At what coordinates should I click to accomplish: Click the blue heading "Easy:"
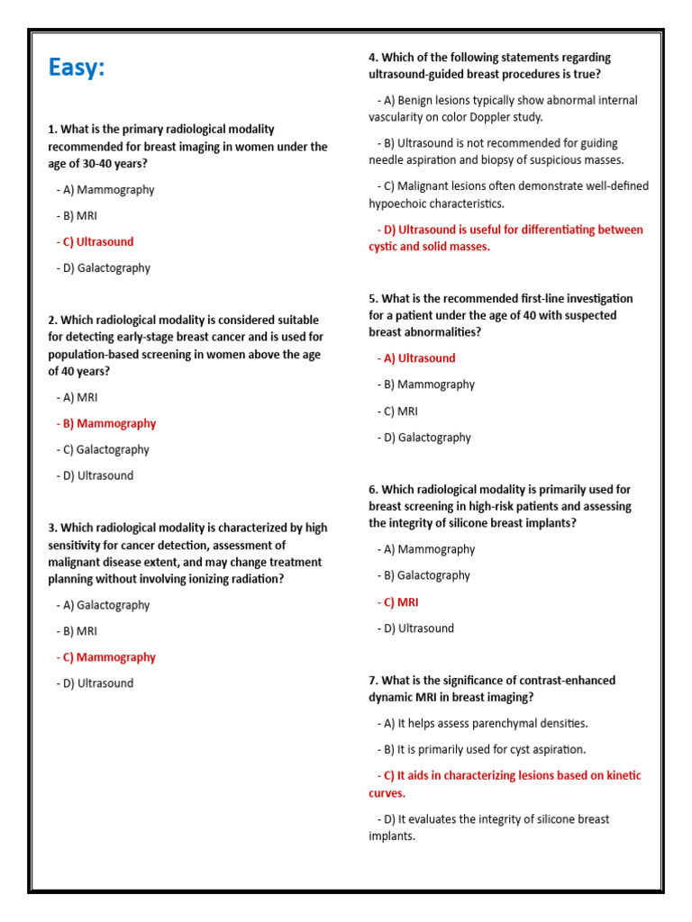pos(77,68)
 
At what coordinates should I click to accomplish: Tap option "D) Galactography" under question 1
pos(106,268)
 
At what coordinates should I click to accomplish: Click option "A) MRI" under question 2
pos(80,398)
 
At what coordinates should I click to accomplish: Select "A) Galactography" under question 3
pos(106,606)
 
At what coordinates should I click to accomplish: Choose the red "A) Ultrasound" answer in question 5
pos(420,358)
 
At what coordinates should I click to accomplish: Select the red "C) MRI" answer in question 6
pos(401,602)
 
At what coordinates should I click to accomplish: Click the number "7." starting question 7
pos(374,681)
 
